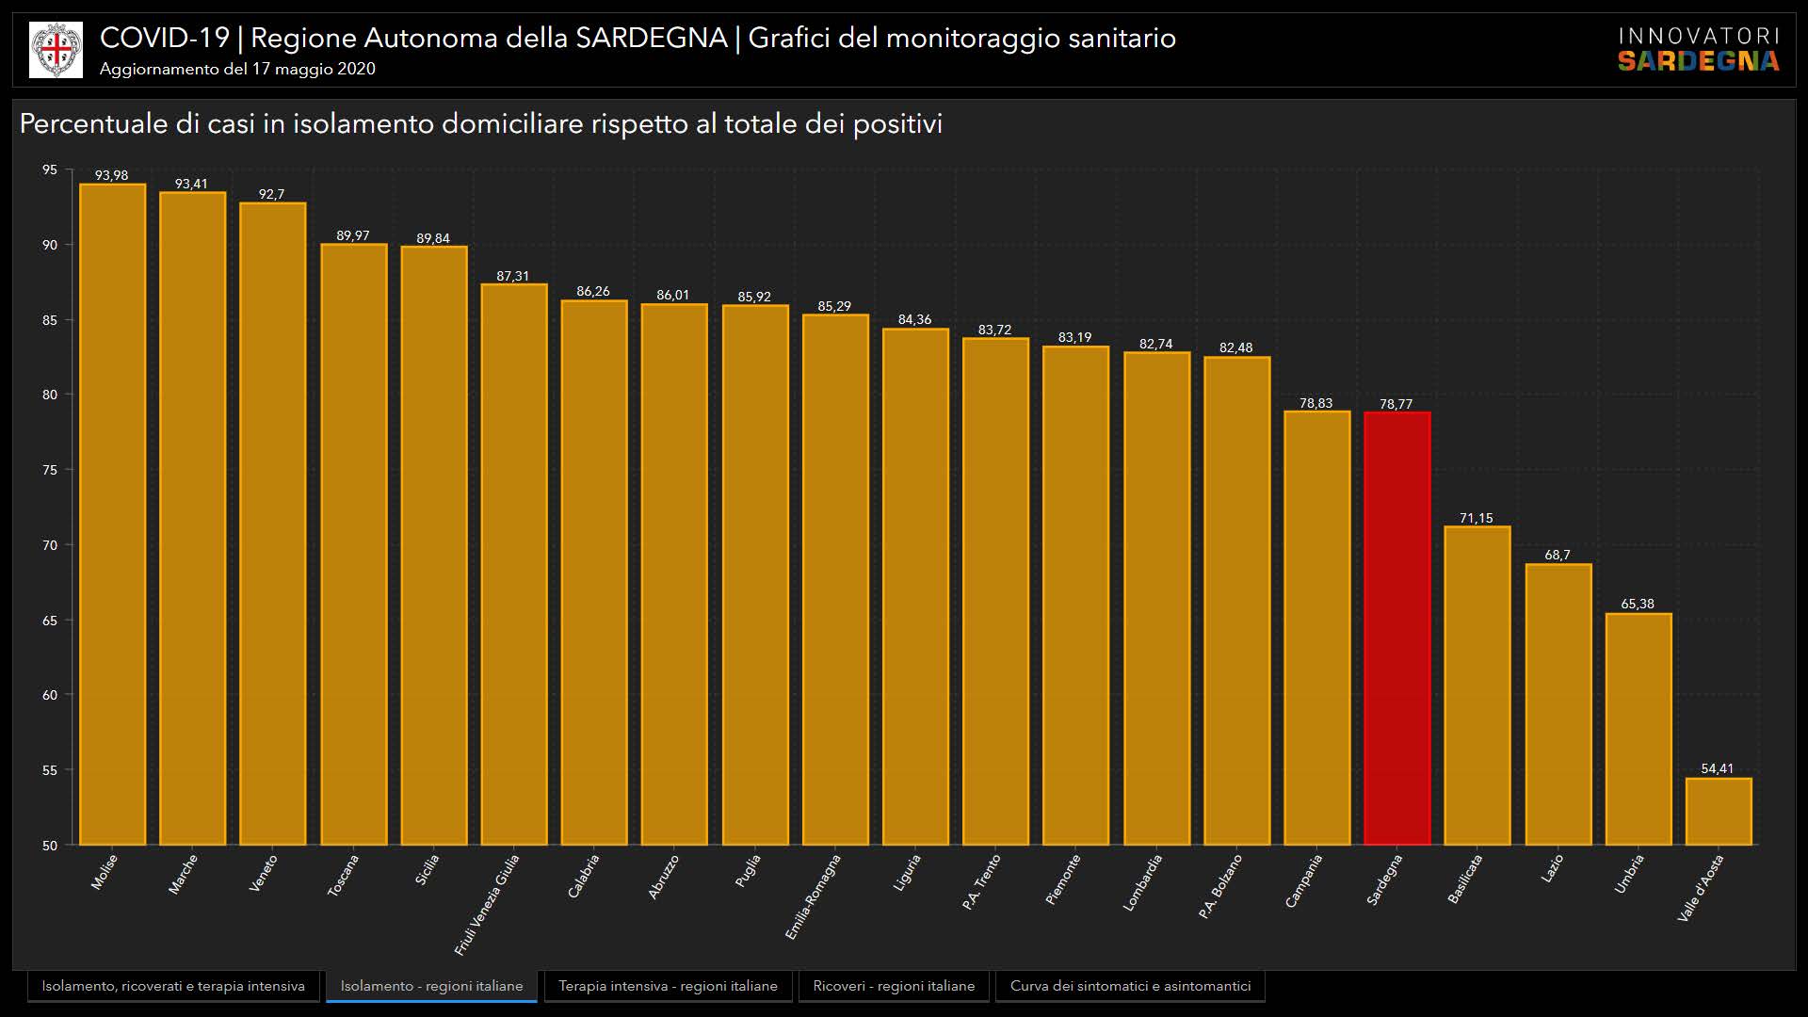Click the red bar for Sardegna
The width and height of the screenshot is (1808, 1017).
(x=1396, y=628)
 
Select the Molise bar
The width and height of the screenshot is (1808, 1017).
(x=112, y=514)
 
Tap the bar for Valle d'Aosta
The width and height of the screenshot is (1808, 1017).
(x=1718, y=811)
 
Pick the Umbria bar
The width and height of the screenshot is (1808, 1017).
(x=1638, y=729)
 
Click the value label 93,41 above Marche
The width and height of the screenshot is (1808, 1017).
(x=191, y=184)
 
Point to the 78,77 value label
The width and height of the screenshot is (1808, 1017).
(x=1396, y=404)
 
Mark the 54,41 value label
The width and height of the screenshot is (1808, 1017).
(x=1717, y=768)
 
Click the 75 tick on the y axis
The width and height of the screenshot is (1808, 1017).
(x=49, y=470)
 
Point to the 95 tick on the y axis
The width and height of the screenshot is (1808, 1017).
(x=49, y=169)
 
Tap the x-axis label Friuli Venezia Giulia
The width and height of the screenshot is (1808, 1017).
(x=487, y=904)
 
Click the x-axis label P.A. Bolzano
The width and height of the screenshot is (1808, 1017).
(x=1220, y=886)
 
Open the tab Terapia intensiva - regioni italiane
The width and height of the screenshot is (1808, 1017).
(x=668, y=986)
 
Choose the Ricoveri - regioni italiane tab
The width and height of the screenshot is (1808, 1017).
(x=894, y=986)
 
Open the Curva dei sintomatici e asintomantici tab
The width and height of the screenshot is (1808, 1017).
(x=1130, y=986)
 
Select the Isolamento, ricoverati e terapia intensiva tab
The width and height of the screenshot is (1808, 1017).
(x=173, y=986)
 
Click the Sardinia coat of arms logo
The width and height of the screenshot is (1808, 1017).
(x=56, y=50)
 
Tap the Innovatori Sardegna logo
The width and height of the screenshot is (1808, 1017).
(x=1698, y=50)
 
